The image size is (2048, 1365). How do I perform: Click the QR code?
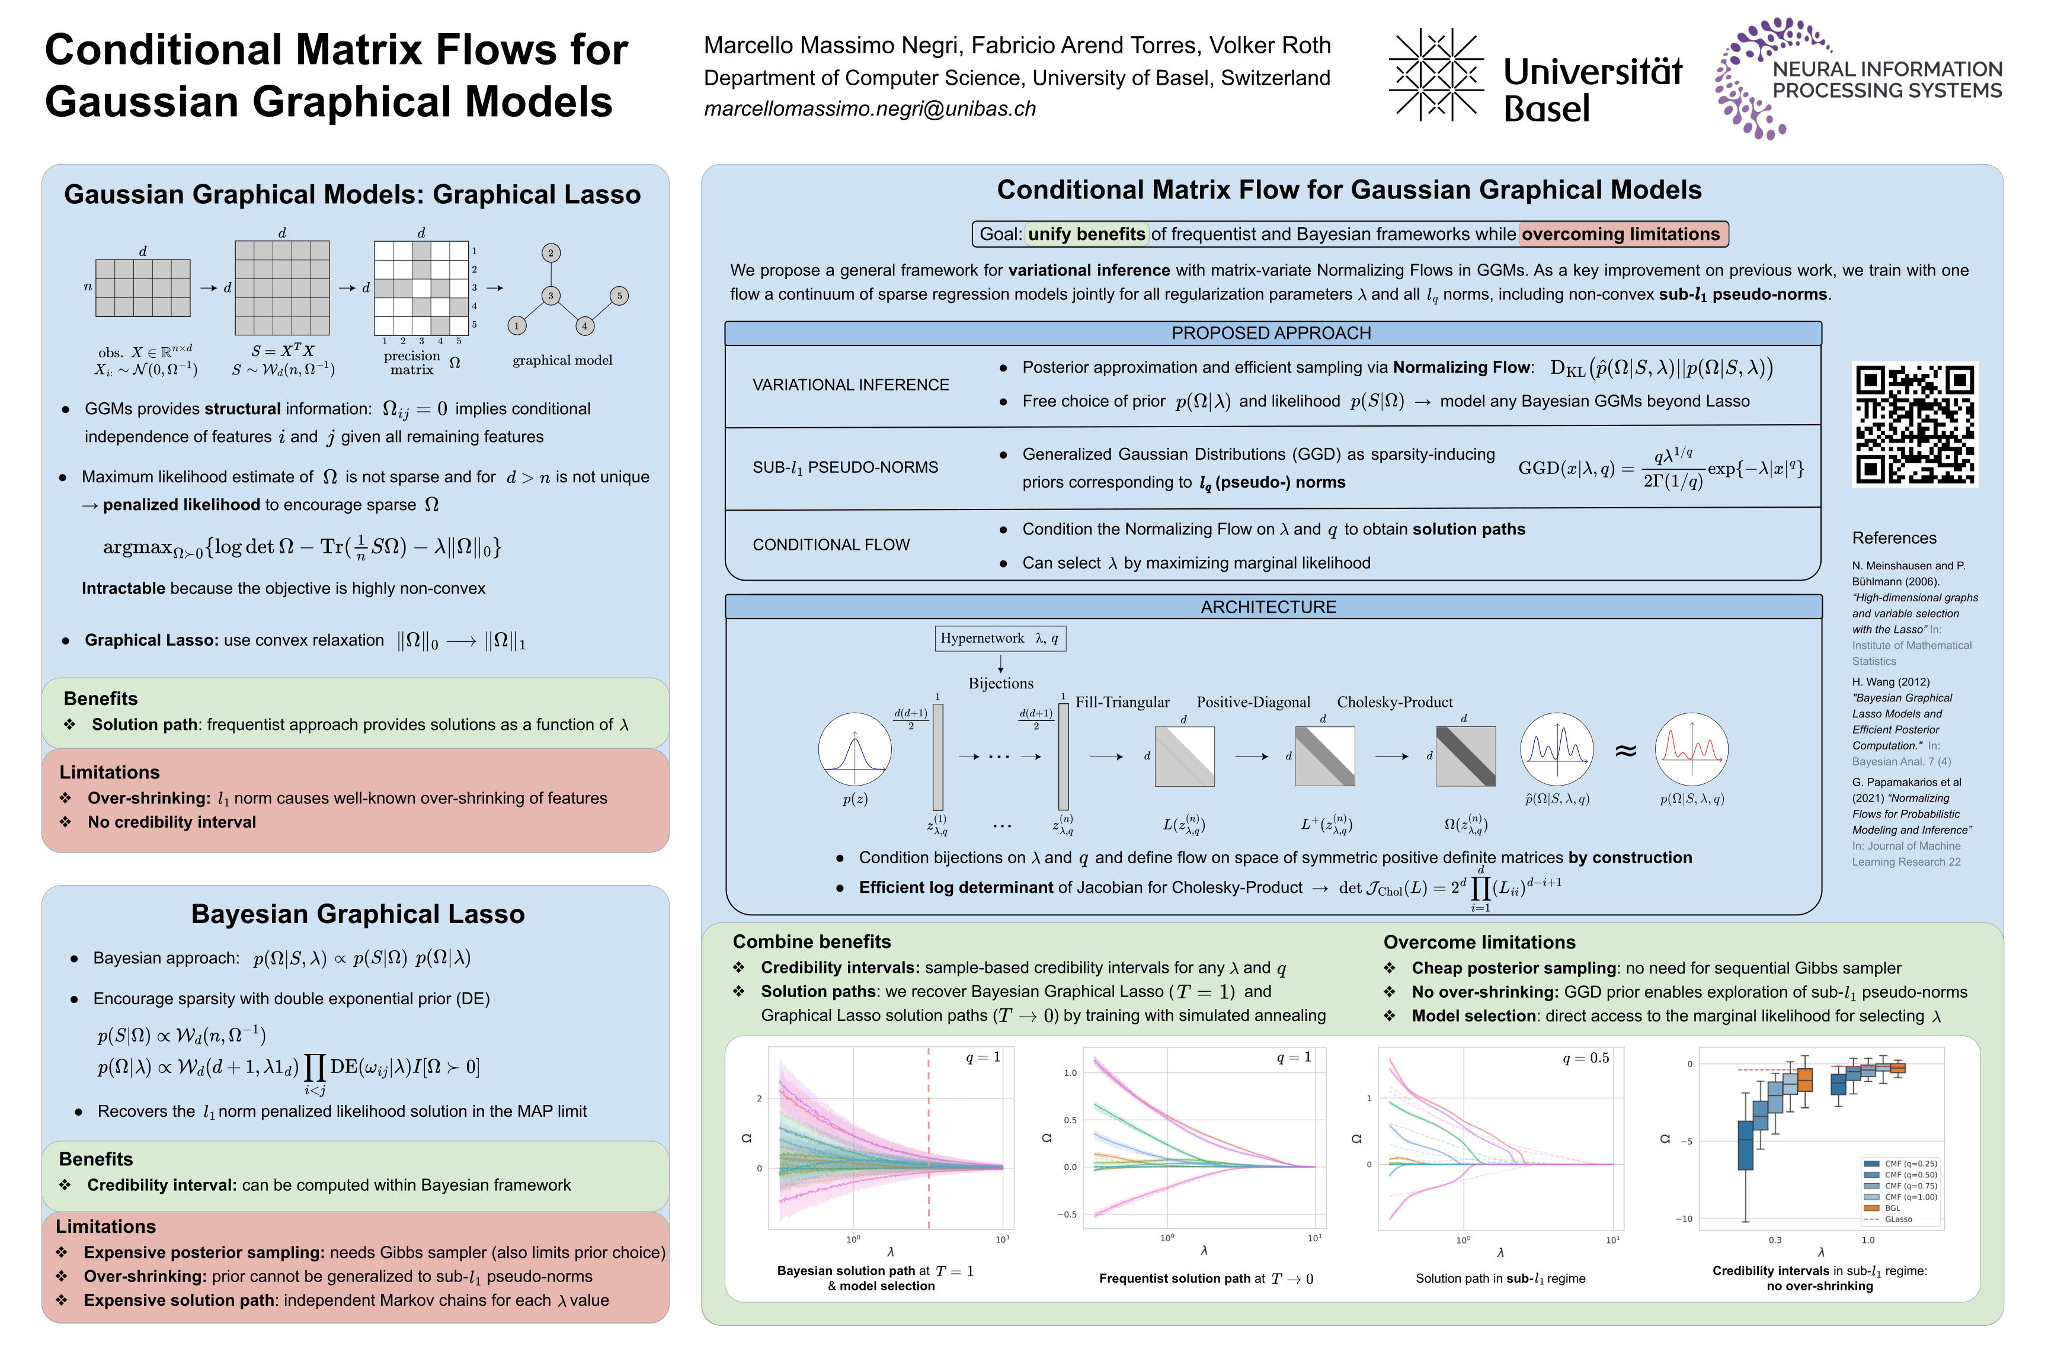coord(1914,424)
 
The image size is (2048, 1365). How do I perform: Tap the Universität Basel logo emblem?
coord(1435,75)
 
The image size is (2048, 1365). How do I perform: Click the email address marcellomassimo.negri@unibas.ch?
coord(869,109)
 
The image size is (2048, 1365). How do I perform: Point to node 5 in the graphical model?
coord(619,296)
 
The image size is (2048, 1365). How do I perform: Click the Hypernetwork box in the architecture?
coord(1000,638)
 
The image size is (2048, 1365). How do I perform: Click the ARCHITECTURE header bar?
coord(1271,607)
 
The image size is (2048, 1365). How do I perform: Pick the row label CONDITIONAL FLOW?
coord(831,545)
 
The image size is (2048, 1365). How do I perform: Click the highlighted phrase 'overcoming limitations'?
coord(1621,234)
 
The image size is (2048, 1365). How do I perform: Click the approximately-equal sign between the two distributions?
coord(1625,751)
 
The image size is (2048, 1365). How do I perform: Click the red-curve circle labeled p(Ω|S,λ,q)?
coord(1691,749)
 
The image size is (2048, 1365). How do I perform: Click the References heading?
coord(1894,538)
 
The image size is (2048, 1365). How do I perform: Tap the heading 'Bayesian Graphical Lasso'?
coord(358,914)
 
